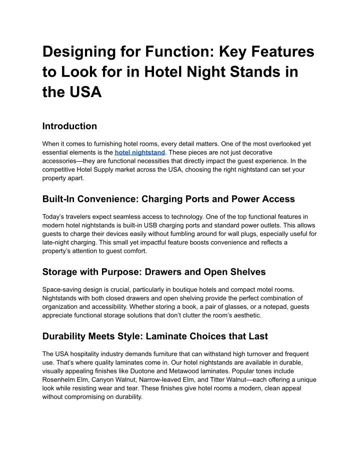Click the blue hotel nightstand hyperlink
pos(140,152)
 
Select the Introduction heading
pos(69,126)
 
